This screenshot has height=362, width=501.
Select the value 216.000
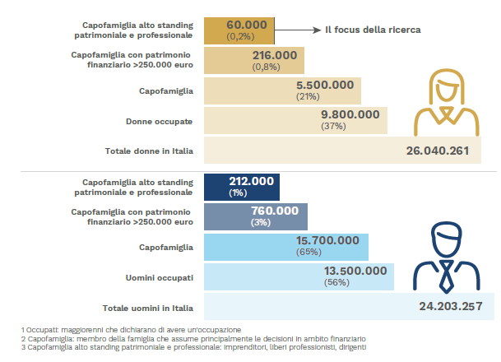coord(274,54)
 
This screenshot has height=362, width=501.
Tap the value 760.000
coord(275,211)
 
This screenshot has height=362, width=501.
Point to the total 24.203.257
coord(449,307)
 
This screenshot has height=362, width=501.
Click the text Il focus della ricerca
coord(372,30)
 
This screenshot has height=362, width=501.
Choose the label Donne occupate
coord(160,121)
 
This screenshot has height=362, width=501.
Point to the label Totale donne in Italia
coord(149,151)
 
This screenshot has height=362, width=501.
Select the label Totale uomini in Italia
coord(149,308)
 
